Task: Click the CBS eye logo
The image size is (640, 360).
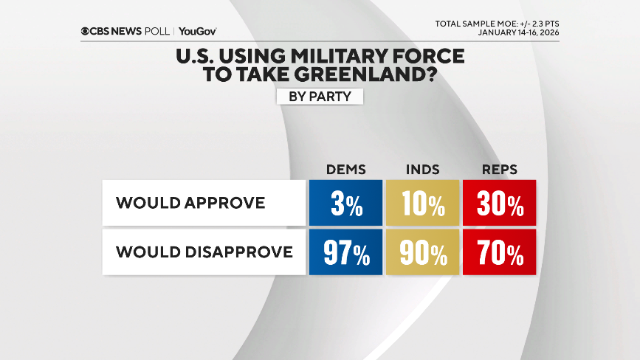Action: (86, 31)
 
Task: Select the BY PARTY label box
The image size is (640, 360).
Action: (320, 97)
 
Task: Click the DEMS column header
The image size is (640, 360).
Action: (345, 170)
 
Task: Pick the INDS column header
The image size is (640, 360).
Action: (422, 170)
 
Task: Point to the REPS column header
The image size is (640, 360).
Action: (499, 170)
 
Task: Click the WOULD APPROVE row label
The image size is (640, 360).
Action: (190, 203)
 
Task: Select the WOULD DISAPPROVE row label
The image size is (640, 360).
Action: (204, 252)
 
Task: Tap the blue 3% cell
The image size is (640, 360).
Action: (345, 203)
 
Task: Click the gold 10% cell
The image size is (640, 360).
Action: (422, 203)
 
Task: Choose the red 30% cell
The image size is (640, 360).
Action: (499, 203)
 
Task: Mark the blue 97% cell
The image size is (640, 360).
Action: (345, 252)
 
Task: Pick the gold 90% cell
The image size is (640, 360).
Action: (422, 252)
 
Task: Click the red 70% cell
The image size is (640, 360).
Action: (499, 252)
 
